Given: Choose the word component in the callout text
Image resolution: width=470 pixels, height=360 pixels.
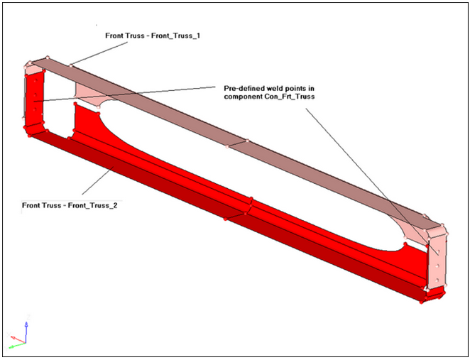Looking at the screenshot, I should click(242, 96).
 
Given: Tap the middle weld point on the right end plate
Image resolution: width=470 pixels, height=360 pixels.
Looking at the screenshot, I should click(437, 260).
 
